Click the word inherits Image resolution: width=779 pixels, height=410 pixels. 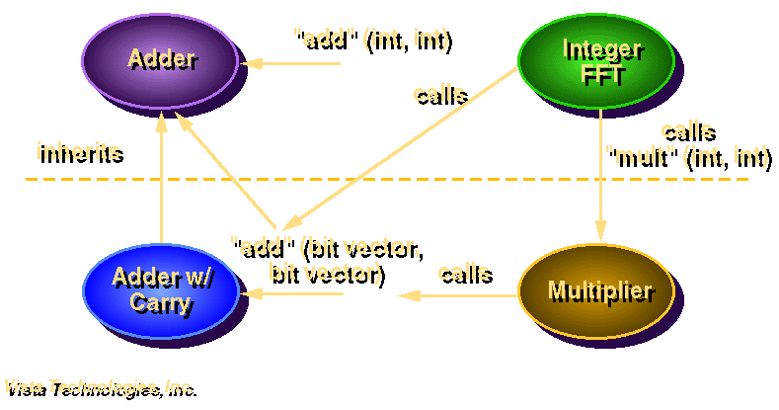click(x=78, y=152)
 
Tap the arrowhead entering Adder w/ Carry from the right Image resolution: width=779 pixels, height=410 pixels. click(x=254, y=293)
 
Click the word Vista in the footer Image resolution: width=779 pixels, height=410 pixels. click(x=23, y=386)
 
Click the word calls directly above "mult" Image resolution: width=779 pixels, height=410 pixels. click(x=686, y=130)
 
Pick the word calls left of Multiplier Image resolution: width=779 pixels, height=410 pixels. click(x=464, y=271)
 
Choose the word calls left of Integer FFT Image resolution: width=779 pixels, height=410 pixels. click(x=438, y=94)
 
